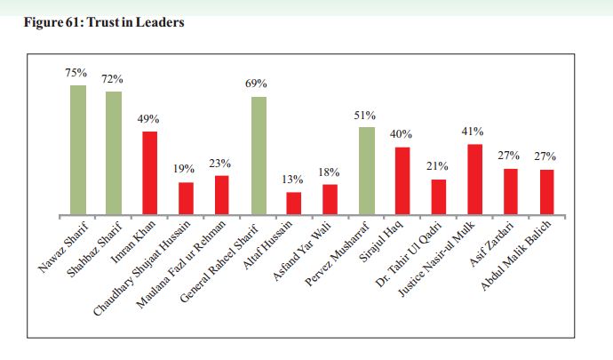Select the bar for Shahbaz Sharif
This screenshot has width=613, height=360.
(114, 153)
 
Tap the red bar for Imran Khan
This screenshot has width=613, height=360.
(150, 173)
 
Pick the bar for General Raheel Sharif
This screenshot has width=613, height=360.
(259, 156)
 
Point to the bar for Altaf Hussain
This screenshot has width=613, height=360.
(294, 204)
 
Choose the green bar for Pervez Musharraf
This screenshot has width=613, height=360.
(366, 171)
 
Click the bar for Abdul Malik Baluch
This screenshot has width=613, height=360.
(546, 192)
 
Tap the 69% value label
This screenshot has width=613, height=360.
(257, 84)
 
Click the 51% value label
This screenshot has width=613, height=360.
(365, 115)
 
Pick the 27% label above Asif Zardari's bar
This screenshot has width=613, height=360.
(509, 156)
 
